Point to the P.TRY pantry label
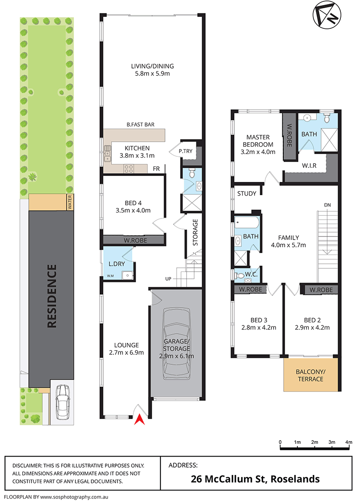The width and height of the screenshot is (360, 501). coord(185,151)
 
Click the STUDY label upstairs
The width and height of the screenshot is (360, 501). coord(247,193)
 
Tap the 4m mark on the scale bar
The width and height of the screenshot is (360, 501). coord(349,442)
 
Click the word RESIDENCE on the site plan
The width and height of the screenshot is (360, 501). coord(52,296)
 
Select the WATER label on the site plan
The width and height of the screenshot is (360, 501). coord(70,202)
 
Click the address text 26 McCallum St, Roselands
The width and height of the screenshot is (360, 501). coord(255,479)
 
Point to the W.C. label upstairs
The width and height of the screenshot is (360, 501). coord(250,274)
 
